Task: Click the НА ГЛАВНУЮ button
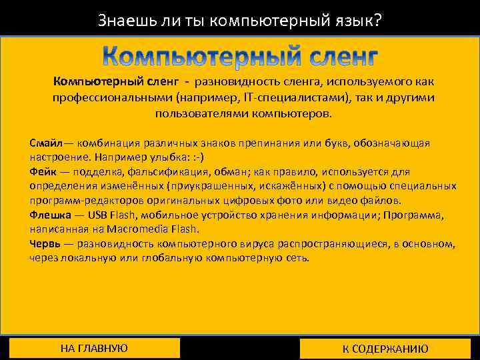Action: (x=94, y=348)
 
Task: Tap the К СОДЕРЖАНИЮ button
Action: (x=385, y=349)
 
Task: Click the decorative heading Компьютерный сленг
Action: (x=241, y=57)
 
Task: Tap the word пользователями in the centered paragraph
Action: (x=191, y=113)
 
